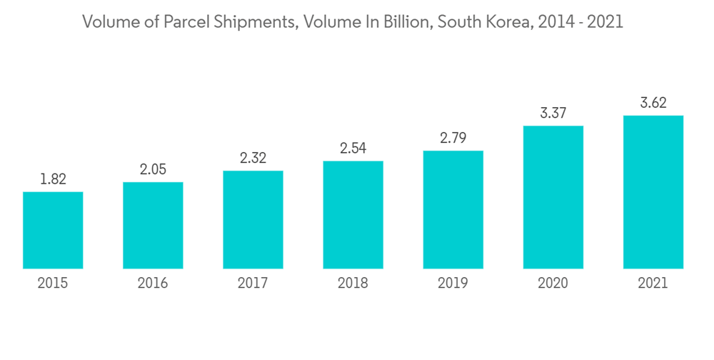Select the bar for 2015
[x=53, y=230]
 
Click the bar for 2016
[x=153, y=225]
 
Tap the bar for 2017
[x=253, y=219]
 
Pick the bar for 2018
[x=353, y=214]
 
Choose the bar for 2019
[x=453, y=209]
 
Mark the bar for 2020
[x=553, y=197]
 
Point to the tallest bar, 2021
[x=653, y=192]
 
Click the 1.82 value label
[x=53, y=179]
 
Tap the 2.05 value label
[x=153, y=169]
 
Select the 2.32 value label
[x=253, y=159]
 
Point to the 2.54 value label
[x=353, y=149]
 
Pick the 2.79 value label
[x=453, y=138]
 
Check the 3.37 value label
[x=553, y=113]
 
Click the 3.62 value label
[x=653, y=103]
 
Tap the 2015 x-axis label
[x=53, y=284]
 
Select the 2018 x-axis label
[x=353, y=284]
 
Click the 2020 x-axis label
[x=553, y=284]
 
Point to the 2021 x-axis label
[x=653, y=284]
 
